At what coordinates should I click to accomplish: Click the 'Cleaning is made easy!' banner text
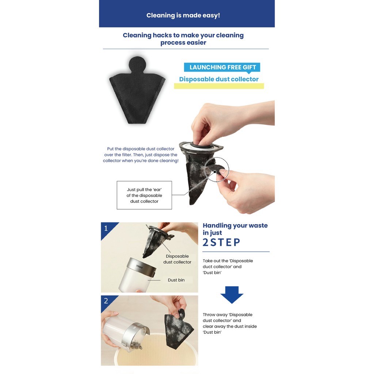pyautogui.click(x=183, y=15)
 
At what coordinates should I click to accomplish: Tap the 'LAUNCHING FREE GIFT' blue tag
pyautogui.click(x=222, y=67)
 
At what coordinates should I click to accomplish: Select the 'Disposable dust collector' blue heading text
pyautogui.click(x=219, y=79)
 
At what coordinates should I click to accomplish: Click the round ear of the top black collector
pyautogui.click(x=137, y=64)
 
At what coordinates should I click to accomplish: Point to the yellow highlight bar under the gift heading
pyautogui.click(x=219, y=86)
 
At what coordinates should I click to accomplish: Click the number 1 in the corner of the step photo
pyautogui.click(x=106, y=228)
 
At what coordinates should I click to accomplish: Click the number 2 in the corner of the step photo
pyautogui.click(x=106, y=301)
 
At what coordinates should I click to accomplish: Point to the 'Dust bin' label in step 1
pyautogui.click(x=176, y=280)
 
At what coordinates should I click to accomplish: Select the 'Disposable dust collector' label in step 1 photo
pyautogui.click(x=177, y=259)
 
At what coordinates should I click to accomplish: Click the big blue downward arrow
pyautogui.click(x=232, y=295)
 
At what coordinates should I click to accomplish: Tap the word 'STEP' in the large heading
pyautogui.click(x=225, y=243)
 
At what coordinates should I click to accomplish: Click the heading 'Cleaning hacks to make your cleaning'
pyautogui.click(x=183, y=35)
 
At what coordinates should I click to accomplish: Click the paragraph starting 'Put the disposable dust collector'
pyautogui.click(x=141, y=155)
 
